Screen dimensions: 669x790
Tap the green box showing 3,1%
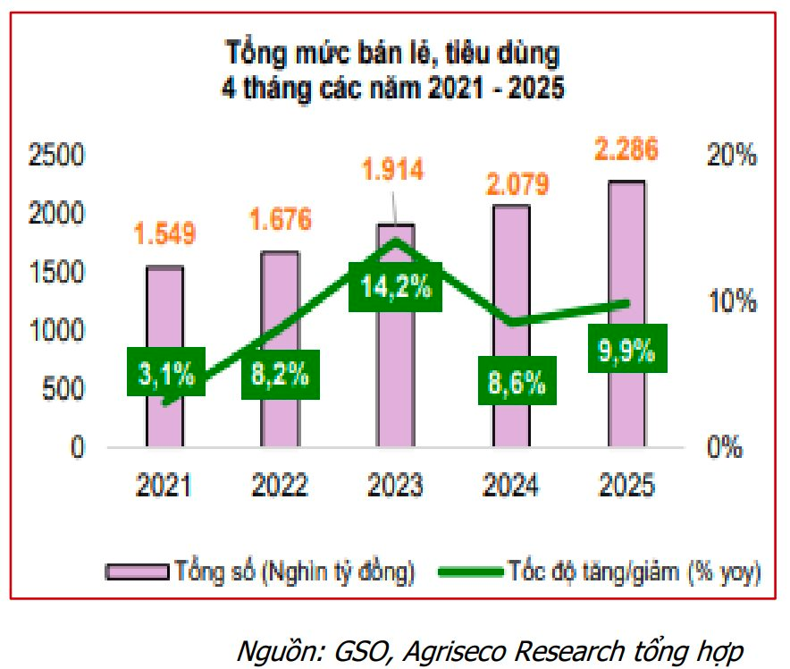click(x=165, y=373)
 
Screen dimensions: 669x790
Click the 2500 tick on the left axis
click(x=56, y=156)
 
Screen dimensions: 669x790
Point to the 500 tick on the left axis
click(x=64, y=389)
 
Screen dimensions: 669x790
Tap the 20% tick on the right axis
click(x=733, y=156)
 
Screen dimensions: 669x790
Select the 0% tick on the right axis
click(x=725, y=446)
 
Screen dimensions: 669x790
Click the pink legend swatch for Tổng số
click(x=137, y=571)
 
